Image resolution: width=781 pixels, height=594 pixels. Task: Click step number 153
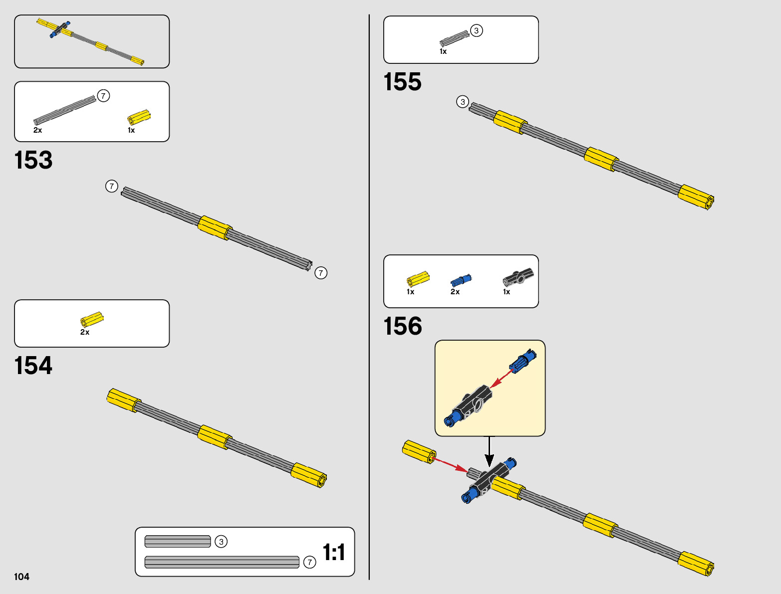[33, 161]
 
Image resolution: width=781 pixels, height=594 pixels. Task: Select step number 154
[33, 366]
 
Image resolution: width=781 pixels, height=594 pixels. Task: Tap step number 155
[402, 82]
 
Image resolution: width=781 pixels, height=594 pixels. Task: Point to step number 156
[402, 327]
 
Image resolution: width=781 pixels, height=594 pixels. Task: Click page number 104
[22, 577]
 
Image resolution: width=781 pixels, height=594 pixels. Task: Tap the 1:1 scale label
[334, 553]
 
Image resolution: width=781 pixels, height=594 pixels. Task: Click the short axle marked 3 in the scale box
[178, 542]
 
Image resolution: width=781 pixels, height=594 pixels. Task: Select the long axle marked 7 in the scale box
[222, 562]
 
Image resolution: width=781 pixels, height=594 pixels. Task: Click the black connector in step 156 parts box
[518, 276]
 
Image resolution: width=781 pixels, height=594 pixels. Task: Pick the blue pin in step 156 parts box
[461, 280]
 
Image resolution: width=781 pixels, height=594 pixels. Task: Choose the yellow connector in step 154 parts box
[92, 319]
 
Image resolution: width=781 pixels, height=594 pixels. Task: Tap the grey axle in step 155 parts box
[454, 38]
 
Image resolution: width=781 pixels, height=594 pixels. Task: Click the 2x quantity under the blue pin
[455, 292]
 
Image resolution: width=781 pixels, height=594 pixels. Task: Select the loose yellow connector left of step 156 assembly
[419, 451]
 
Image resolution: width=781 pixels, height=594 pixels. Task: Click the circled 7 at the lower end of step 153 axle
[321, 273]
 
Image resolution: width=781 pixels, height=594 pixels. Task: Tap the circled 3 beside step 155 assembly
[463, 102]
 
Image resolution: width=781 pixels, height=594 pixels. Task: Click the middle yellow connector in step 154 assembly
[215, 437]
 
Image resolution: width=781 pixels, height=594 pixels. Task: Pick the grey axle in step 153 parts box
[64, 110]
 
